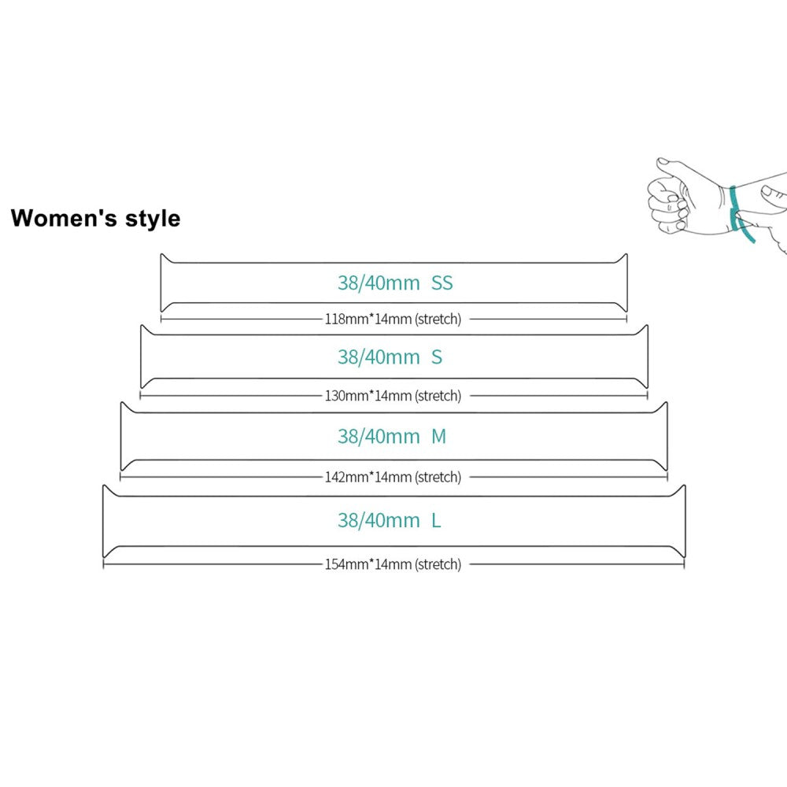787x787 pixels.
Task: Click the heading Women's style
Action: pyautogui.click(x=95, y=218)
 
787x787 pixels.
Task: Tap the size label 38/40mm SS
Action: pyautogui.click(x=395, y=283)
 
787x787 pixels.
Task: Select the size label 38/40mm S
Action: pyautogui.click(x=390, y=357)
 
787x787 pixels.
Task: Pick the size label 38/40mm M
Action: pyautogui.click(x=392, y=437)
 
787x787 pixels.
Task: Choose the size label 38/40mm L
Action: pyautogui.click(x=390, y=520)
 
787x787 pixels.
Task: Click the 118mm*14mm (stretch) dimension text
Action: pyautogui.click(x=393, y=319)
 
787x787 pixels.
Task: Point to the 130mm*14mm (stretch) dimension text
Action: pyautogui.click(x=393, y=395)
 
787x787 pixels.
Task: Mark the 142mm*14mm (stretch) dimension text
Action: pyautogui.click(x=393, y=477)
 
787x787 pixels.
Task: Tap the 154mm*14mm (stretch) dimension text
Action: pyautogui.click(x=393, y=564)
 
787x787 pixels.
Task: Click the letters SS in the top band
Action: pyautogui.click(x=442, y=283)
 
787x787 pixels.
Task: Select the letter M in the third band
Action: pyautogui.click(x=439, y=437)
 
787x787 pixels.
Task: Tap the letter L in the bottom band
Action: pyautogui.click(x=436, y=520)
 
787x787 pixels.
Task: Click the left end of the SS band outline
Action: pyautogui.click(x=163, y=283)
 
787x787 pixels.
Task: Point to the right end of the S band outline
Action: pyautogui.click(x=645, y=357)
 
